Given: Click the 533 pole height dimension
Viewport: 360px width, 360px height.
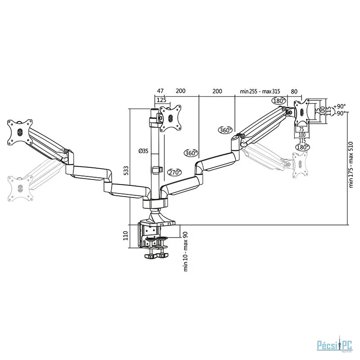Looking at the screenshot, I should [x=126, y=170].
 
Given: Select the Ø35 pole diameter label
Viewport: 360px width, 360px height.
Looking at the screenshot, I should [x=144, y=150].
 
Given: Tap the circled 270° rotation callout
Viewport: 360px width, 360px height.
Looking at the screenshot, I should [x=175, y=172].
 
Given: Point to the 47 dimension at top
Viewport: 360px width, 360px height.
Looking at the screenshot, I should [x=160, y=91].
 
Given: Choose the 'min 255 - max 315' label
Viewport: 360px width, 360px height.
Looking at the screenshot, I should [x=261, y=91].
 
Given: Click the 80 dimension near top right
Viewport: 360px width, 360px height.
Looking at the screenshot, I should [x=294, y=91].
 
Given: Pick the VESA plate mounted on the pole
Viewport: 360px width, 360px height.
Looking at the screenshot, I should [x=171, y=117].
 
